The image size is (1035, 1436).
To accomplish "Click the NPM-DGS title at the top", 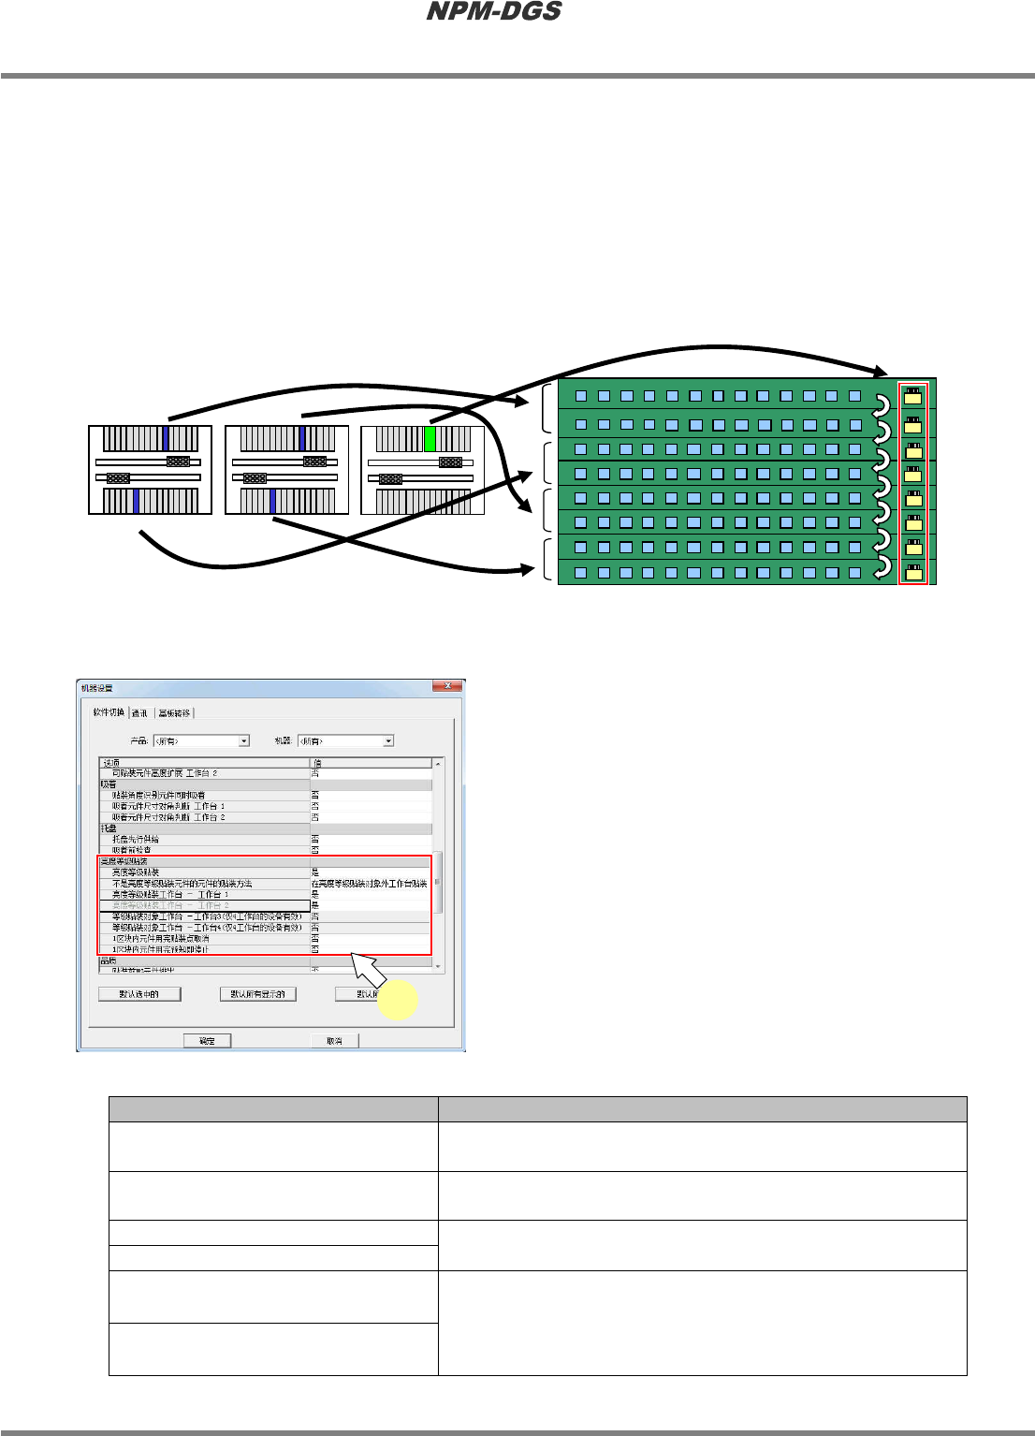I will point(494,12).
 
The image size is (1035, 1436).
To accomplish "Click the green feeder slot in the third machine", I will point(430,439).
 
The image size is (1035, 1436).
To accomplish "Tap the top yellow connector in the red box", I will point(913,396).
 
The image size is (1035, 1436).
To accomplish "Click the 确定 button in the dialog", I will point(207,1041).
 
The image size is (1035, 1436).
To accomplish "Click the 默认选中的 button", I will point(139,994).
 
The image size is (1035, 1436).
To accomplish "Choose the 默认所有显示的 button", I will point(258,994).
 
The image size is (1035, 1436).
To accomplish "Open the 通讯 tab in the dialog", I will point(139,713).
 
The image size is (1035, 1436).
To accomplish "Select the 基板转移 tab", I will point(174,713).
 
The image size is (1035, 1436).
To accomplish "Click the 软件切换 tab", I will point(109,712).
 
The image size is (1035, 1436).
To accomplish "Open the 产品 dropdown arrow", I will point(244,740).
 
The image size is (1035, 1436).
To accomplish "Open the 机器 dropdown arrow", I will point(388,740).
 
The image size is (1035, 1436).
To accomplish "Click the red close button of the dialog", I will point(448,686).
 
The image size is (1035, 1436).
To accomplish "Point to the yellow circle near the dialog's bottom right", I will point(397,999).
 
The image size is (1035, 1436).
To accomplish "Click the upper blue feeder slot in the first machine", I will point(166,439).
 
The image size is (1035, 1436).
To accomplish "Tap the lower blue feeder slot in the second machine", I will point(273,502).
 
